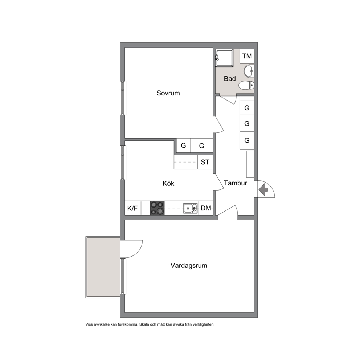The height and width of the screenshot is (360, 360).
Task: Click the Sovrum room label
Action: [x=168, y=93]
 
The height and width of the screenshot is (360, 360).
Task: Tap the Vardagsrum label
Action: [x=189, y=265]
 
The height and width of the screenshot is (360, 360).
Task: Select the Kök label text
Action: [x=168, y=183]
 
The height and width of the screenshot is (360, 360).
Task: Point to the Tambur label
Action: [x=235, y=183]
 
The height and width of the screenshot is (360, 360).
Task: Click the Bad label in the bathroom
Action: [x=230, y=78]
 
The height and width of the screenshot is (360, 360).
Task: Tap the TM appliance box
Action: [x=247, y=56]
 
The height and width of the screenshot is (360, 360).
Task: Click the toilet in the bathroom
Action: [x=246, y=85]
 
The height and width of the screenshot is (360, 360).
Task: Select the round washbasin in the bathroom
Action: [x=249, y=71]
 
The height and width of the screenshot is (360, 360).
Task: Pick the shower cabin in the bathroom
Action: [x=224, y=58]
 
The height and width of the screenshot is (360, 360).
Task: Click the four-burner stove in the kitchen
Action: [x=157, y=208]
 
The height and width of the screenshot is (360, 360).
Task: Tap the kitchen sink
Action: [x=190, y=208]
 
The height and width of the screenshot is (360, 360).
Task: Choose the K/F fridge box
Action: [x=133, y=208]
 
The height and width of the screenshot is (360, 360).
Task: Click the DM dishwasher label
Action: [x=206, y=208]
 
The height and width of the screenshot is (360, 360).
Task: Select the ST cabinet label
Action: [x=205, y=162]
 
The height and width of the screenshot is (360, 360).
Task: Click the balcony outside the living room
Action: [x=103, y=267]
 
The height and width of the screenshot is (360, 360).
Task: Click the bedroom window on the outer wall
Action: [x=123, y=98]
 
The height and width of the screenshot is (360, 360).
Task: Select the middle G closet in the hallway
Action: [x=247, y=123]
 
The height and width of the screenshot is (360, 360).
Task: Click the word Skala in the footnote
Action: [x=144, y=324]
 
